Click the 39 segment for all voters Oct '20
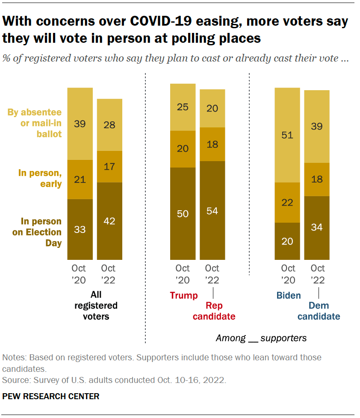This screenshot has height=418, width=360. [x=80, y=124]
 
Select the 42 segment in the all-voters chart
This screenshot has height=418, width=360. [x=109, y=221]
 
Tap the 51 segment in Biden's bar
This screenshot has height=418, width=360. [x=287, y=135]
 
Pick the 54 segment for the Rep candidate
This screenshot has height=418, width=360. [x=212, y=211]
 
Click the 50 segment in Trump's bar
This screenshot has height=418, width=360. [x=183, y=214]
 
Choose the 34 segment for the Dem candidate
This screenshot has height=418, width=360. [x=317, y=228]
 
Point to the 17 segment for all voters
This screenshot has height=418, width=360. [x=109, y=167]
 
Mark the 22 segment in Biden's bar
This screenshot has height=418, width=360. [x=287, y=203]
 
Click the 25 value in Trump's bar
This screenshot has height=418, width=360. [x=183, y=107]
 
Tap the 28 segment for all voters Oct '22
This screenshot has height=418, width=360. [x=109, y=125]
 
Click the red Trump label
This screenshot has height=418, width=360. [x=184, y=295]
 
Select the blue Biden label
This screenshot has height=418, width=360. [x=289, y=295]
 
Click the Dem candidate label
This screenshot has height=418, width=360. [x=319, y=311]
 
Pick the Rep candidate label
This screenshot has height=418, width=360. [x=214, y=311]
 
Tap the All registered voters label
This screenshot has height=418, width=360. [x=96, y=306]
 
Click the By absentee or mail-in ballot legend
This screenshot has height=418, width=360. [x=35, y=123]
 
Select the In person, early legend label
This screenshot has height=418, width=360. [x=40, y=179]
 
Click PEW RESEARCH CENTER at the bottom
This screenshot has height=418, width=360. [x=51, y=396]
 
